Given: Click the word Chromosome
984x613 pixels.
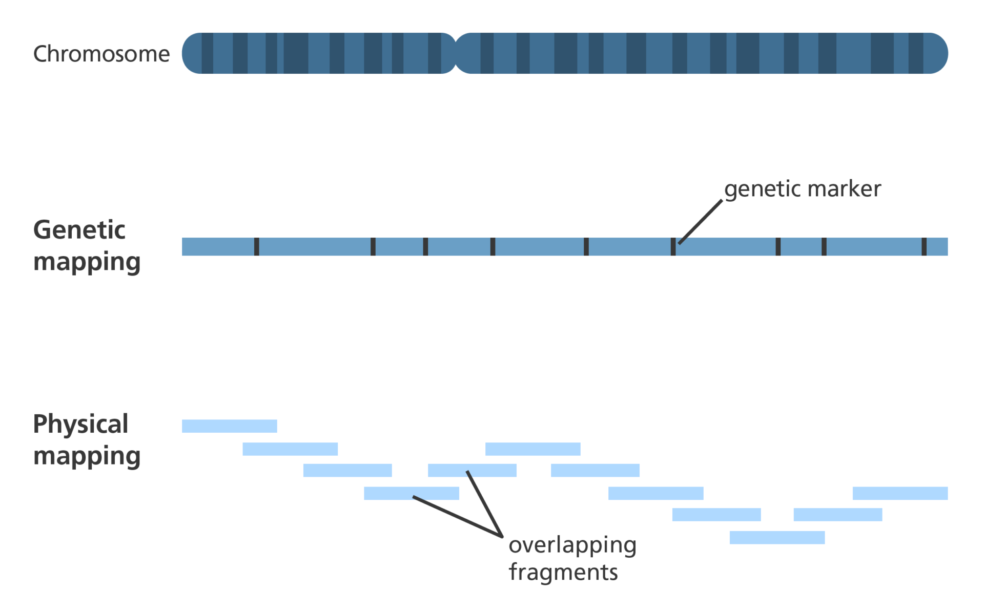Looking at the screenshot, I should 101,54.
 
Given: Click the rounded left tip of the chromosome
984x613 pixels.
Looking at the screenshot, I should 190,53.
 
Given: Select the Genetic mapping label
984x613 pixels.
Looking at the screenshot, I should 86,246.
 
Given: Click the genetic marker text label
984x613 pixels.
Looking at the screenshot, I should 803,189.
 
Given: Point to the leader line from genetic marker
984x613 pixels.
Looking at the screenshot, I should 701,221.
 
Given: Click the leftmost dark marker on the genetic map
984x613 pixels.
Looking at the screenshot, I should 256,246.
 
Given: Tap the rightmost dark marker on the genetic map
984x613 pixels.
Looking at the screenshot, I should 924,246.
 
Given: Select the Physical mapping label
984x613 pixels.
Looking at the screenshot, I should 86,440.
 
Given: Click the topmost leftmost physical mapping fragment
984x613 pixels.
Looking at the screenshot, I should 229,426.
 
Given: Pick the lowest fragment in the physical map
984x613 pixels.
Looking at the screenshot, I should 777,537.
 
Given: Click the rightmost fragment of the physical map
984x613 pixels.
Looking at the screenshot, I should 900,493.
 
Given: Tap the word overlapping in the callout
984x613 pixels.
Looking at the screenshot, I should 572,546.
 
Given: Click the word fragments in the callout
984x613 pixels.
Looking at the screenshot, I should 563,572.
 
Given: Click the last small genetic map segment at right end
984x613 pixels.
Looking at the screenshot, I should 937,246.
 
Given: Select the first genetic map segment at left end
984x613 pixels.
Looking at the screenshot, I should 218,246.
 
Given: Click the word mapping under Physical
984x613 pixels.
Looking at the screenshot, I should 87,456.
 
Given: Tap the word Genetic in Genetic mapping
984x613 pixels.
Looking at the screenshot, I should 79,230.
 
